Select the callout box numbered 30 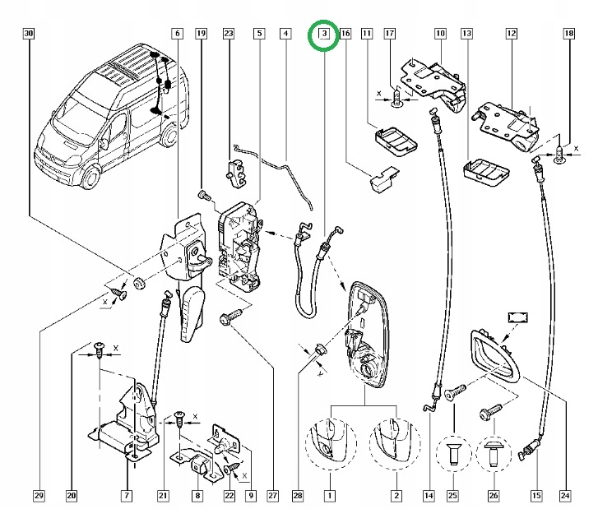[29, 34]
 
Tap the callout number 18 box [568, 34]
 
